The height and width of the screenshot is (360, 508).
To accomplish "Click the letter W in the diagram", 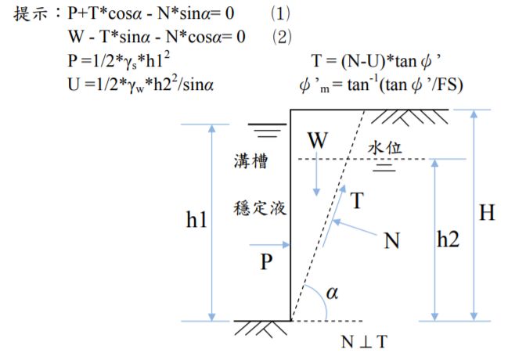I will click(317, 141).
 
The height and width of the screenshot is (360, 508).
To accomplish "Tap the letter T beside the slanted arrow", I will click(357, 201).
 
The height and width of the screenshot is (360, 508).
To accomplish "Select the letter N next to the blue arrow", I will click(391, 240).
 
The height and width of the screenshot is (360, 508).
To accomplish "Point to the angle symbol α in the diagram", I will click(332, 293).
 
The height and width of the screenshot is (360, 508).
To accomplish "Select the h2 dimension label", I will click(448, 240).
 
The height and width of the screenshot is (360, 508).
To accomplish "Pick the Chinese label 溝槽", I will click(250, 163).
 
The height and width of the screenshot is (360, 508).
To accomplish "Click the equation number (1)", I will click(280, 14).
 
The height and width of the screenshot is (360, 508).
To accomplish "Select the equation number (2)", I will click(280, 36).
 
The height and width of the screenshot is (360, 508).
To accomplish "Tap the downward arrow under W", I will click(316, 176).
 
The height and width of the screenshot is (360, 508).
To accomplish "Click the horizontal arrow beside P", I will click(272, 244).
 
